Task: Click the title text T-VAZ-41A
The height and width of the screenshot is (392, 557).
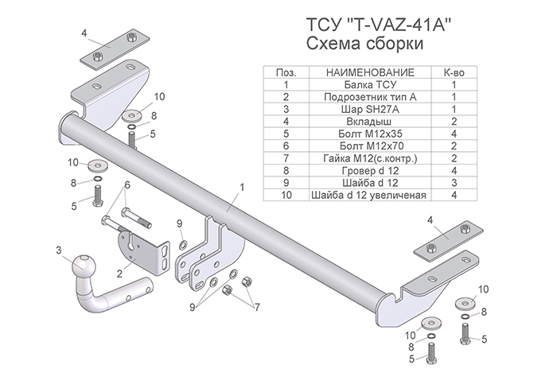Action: pos(380,23)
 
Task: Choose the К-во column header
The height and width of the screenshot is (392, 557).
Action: pos(454,72)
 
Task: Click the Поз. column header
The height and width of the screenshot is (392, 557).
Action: pos(284,72)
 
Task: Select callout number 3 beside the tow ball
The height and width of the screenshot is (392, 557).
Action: pos(58,252)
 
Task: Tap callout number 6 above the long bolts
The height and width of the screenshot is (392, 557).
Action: pos(127,184)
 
